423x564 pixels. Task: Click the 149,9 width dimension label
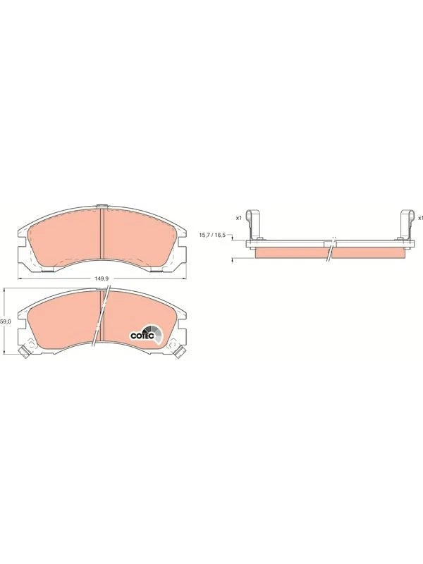point(101,279)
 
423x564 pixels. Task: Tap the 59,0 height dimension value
point(6,321)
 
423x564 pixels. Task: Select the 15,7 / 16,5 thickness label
point(212,235)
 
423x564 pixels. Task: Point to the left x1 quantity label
point(239,219)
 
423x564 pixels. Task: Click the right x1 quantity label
point(419,219)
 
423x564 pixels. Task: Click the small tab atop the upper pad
point(102,207)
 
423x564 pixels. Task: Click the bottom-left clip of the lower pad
point(23,352)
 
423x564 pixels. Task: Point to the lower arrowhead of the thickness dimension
point(233,260)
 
